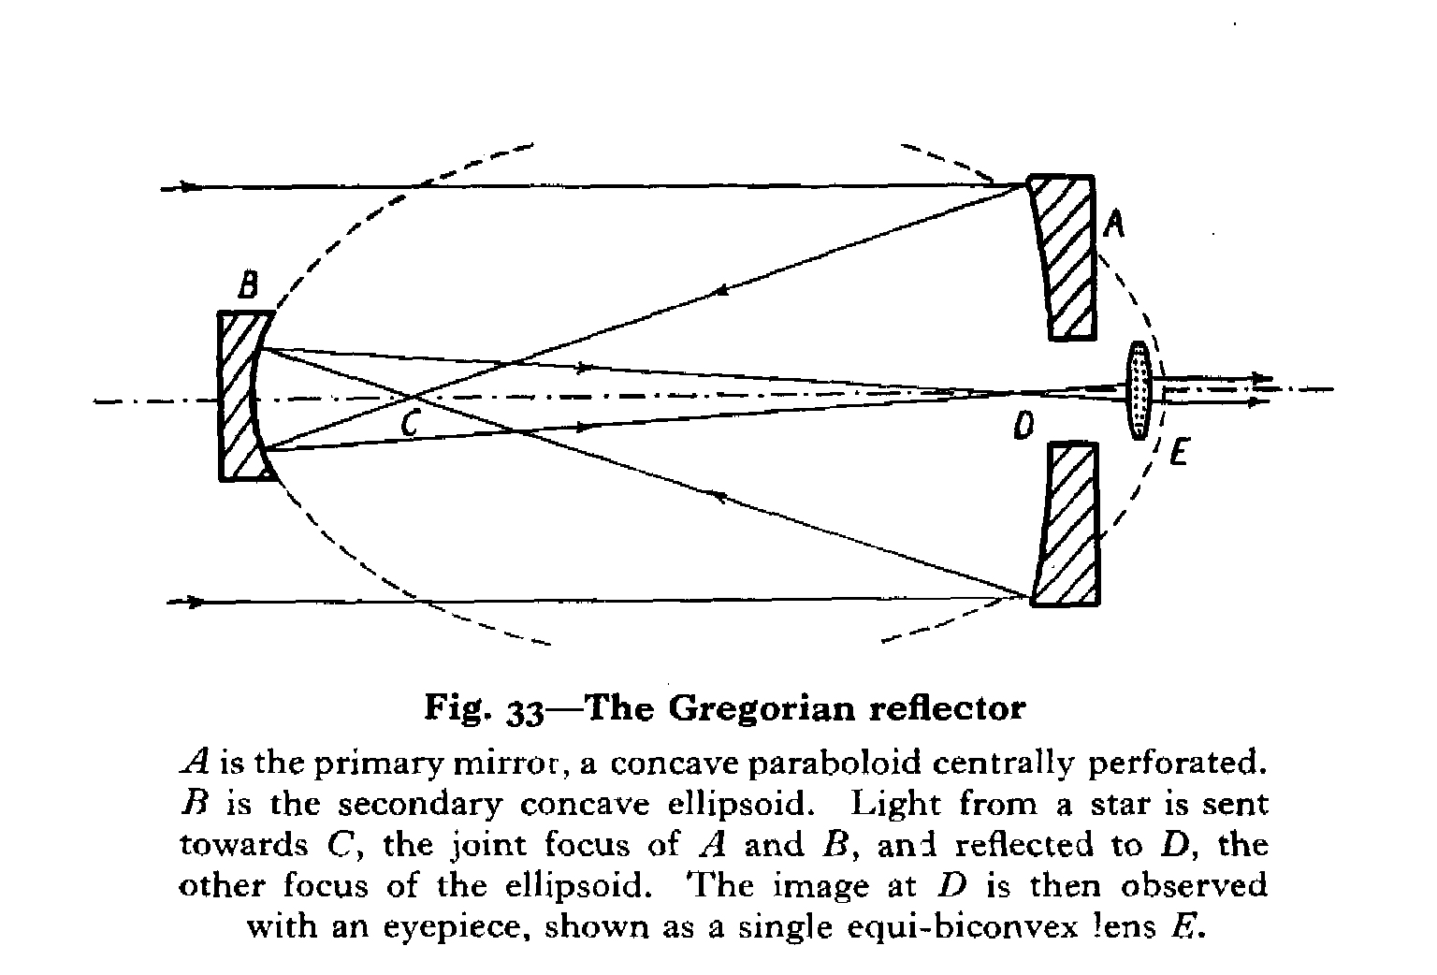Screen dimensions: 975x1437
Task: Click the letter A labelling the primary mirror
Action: point(1114,224)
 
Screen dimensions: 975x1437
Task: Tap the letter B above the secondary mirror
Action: point(247,285)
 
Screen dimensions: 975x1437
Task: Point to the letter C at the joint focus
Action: point(409,424)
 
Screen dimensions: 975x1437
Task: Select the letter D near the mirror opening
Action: point(1023,428)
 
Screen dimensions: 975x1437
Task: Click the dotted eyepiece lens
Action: point(1138,389)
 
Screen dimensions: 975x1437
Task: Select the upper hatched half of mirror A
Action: point(1067,255)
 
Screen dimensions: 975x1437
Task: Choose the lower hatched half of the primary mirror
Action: point(1067,524)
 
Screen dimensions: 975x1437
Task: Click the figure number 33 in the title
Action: point(525,711)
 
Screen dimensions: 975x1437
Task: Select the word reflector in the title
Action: point(948,707)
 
